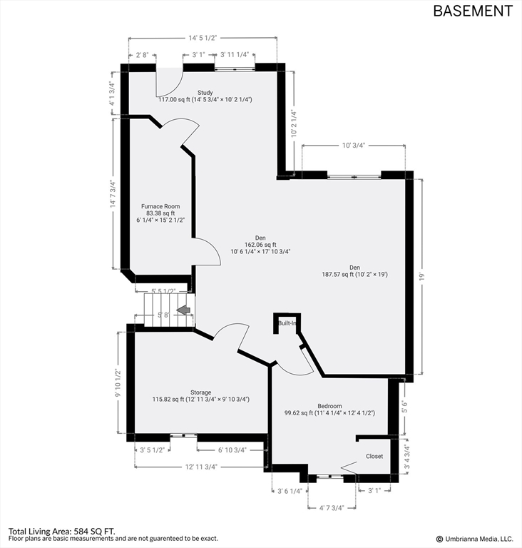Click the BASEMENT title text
tap(473, 11)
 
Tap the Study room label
tap(205, 92)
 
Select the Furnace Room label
tap(160, 206)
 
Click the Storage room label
tap(200, 392)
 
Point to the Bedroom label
tap(329, 406)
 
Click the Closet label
tap(374, 456)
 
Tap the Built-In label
tap(288, 324)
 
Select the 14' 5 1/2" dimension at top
tap(203, 37)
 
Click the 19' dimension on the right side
tap(421, 276)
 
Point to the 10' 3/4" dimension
tap(354, 146)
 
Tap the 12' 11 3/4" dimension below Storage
tap(202, 467)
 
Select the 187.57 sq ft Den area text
tap(354, 274)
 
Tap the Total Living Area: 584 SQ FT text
tap(61, 531)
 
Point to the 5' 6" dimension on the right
tap(405, 407)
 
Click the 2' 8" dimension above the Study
tap(143, 54)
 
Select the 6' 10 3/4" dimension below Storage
tap(231, 450)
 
